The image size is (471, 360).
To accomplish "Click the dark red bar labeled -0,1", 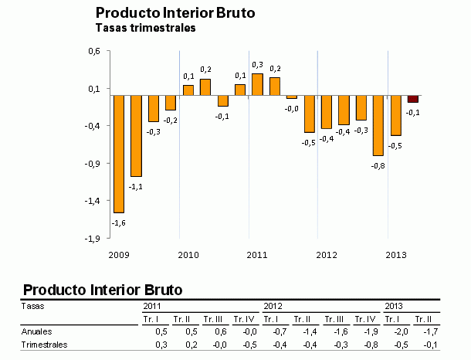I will [x=413, y=99].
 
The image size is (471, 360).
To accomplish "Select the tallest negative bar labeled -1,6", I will [x=119, y=154].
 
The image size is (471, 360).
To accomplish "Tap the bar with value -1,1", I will [x=136, y=136].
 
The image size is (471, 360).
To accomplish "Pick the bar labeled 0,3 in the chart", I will [x=257, y=84].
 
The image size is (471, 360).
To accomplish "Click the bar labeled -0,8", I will [x=378, y=125].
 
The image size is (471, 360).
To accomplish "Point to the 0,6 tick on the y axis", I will [x=94, y=51].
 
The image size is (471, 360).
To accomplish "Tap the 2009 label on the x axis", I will [x=118, y=254].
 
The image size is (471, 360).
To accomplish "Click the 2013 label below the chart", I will [x=395, y=254].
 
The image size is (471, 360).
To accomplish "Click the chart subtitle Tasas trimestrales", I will [x=144, y=29].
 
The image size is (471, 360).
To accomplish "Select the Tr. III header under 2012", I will [x=334, y=318].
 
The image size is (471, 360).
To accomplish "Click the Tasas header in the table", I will [x=32, y=306].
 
